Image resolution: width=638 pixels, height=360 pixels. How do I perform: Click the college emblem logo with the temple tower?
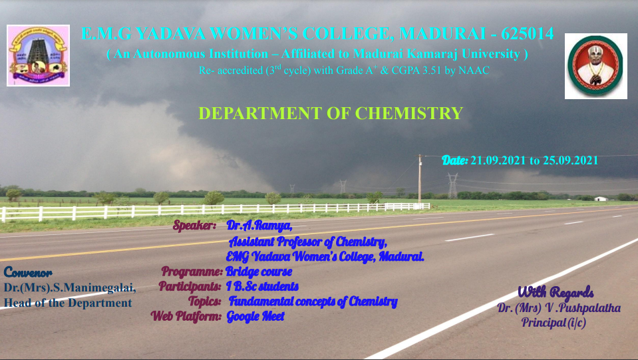coord(38,55)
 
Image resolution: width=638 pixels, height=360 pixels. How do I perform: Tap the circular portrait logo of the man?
coord(595,66)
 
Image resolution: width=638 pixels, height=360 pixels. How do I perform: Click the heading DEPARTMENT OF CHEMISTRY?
coord(331,113)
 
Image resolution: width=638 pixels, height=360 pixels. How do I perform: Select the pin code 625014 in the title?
coord(528,33)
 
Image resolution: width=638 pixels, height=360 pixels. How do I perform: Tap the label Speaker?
coord(194,225)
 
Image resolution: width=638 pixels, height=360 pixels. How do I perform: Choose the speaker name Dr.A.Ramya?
coord(259,226)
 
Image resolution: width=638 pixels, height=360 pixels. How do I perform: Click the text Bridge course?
coord(259,271)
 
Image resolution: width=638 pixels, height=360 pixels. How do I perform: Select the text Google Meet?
coord(255,316)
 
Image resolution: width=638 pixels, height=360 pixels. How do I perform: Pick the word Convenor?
coord(28,273)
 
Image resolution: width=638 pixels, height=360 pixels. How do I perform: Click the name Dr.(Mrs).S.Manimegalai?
coord(70,287)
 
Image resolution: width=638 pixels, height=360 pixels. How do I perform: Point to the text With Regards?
coord(556,291)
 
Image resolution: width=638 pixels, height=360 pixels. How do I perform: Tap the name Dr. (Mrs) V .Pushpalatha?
coord(559,308)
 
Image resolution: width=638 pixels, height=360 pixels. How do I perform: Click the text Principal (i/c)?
coord(554,323)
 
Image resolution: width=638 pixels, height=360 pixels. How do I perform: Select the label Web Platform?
coord(186,316)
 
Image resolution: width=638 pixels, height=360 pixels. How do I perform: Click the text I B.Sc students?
coord(262,286)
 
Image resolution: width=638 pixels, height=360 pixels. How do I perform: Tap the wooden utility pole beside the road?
coord(420,178)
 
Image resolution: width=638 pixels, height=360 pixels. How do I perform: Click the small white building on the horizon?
coord(601,199)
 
